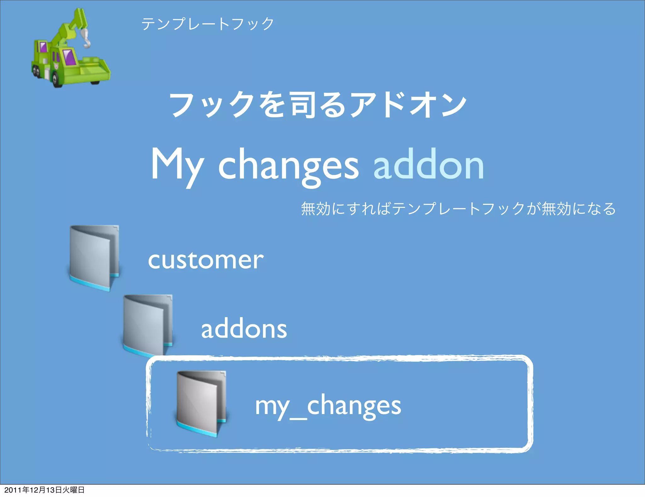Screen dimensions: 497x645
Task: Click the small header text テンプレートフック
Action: pos(208,24)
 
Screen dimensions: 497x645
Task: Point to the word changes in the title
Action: pos(288,166)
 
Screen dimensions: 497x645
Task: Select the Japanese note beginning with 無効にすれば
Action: pos(458,209)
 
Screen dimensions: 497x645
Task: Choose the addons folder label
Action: pos(244,329)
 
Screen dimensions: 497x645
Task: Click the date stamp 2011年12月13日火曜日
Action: pos(44,490)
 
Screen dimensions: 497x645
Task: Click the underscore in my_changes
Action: pos(298,418)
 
